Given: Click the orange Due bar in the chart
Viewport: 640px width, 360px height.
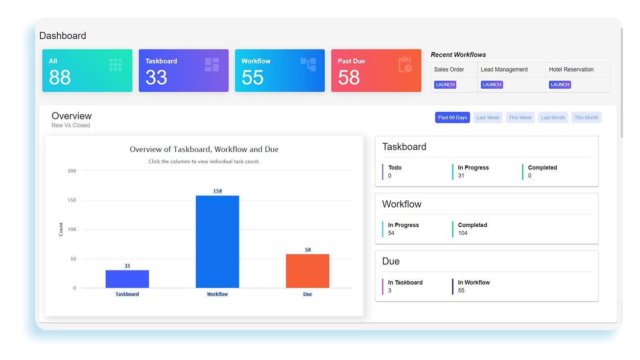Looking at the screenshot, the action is pos(308,271).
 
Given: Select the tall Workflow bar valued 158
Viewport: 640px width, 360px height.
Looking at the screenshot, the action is pos(217,242).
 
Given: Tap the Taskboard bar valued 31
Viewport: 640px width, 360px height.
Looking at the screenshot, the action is pos(127,279).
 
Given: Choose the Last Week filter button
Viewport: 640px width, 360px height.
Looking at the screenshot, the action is pos(488,118).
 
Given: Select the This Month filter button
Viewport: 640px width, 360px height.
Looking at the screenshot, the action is pos(586,118).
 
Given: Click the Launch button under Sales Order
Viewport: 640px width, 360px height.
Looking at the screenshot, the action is pos(445,85).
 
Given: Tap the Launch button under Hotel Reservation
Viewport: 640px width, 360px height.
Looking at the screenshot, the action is pos(560,85).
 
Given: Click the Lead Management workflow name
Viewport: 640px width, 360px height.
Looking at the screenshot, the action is pos(504,70).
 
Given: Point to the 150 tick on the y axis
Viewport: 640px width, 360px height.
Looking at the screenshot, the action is pos(71,200).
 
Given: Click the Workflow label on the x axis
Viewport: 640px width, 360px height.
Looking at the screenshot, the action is pos(217,294).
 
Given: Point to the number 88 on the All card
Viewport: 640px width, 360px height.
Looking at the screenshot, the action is pos(60,77).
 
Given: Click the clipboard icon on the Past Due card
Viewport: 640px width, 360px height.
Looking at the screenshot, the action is pos(405,65).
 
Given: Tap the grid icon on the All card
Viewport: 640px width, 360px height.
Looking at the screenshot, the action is pos(116,65).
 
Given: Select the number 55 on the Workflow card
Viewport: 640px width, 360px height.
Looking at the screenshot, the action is pos(252,77).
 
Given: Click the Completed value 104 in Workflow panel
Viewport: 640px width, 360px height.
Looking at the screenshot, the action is pos(463,233).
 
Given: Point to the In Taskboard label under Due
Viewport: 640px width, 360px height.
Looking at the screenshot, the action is pos(405,282).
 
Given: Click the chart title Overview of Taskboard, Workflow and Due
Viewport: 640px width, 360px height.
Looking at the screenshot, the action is pos(204,149).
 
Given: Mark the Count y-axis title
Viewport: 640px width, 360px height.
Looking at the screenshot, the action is pos(61,229).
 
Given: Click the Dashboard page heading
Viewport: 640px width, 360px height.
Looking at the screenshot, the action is pos(63,36).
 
